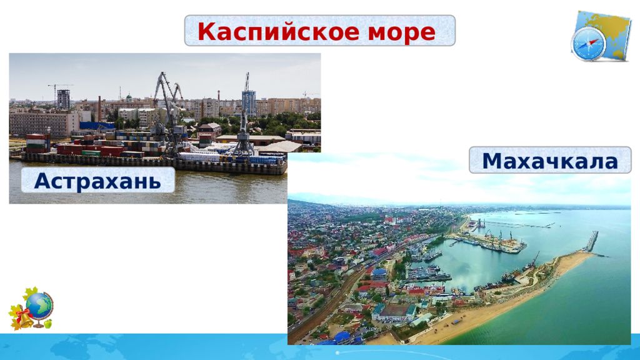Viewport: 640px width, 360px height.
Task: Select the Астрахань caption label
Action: pyautogui.click(x=98, y=180)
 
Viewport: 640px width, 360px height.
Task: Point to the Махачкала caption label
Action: pyautogui.click(x=550, y=161)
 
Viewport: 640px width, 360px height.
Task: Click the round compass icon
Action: pyautogui.click(x=588, y=44)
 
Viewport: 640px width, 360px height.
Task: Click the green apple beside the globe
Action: pyautogui.click(x=48, y=324)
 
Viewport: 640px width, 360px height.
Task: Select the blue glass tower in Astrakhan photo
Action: pyautogui.click(x=249, y=103)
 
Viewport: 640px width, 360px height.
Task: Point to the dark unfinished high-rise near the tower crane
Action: pyautogui.click(x=63, y=99)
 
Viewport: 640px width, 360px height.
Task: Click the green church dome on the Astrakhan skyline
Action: pyautogui.click(x=129, y=97)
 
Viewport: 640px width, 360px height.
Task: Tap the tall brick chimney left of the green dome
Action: pyautogui.click(x=99, y=109)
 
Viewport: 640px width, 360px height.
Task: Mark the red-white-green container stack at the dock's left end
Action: pyautogui.click(x=37, y=143)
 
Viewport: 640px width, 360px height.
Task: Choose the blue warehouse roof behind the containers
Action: pyautogui.click(x=97, y=126)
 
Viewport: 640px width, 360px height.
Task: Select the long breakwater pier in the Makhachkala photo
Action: pyautogui.click(x=592, y=242)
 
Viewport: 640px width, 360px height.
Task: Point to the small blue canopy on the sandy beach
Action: pyautogui.click(x=456, y=322)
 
